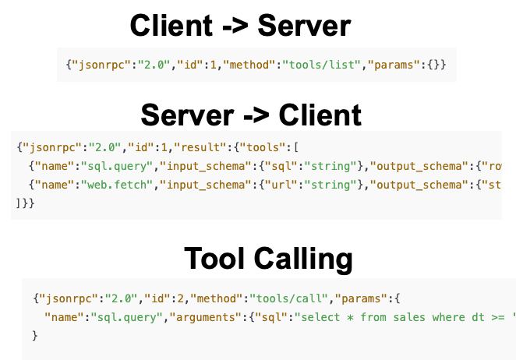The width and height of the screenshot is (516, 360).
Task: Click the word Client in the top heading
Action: click(171, 26)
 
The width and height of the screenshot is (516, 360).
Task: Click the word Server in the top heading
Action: click(305, 26)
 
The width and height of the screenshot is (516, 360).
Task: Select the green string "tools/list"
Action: click(321, 65)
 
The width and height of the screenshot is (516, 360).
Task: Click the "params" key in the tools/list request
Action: click(394, 65)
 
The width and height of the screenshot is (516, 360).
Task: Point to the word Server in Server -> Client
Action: click(187, 115)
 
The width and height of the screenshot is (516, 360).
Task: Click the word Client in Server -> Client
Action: click(320, 115)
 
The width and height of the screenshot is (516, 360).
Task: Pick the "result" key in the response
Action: click(200, 147)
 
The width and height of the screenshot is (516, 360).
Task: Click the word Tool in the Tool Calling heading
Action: click(214, 259)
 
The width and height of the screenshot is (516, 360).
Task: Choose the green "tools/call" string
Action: click(288, 298)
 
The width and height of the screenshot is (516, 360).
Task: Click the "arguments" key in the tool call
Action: click(206, 318)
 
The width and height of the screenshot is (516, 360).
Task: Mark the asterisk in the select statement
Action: click(351, 318)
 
